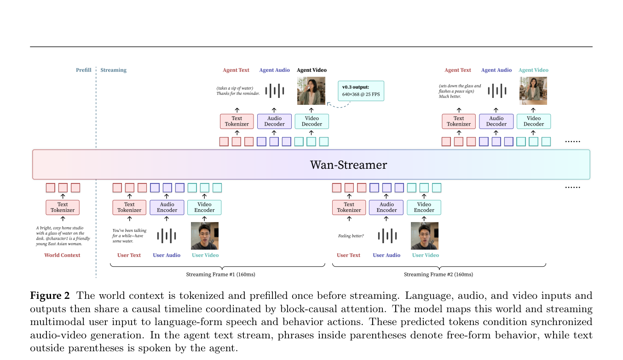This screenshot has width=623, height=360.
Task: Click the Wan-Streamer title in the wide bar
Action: coord(348,165)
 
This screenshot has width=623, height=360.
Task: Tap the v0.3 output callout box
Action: coord(361,91)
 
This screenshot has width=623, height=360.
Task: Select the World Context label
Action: coord(62,255)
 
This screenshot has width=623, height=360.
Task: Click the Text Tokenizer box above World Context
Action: coord(63,207)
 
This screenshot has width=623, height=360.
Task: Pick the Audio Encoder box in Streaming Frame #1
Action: coord(167,207)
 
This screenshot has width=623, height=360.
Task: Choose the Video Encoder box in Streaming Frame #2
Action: coord(424,207)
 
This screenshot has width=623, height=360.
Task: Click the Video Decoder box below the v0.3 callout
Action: coord(312,121)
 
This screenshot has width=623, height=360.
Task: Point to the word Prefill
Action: coord(83,70)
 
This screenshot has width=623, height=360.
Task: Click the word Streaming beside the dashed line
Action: coord(113,70)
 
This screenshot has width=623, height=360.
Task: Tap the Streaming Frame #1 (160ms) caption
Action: coord(220,274)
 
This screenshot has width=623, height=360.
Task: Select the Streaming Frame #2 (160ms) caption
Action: coord(438,274)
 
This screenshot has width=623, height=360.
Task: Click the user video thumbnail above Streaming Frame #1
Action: coord(205,236)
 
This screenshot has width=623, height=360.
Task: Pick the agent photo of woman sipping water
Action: coord(311,91)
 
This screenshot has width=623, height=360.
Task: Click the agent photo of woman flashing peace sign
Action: coord(533,91)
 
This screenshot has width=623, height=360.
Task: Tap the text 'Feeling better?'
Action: coord(351,236)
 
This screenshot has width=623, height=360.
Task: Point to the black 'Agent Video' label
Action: coord(311,70)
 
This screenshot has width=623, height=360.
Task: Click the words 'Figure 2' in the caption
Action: coord(50,296)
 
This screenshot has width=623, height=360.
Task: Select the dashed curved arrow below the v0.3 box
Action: coord(338,106)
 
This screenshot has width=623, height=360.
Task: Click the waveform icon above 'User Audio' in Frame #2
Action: coord(387,236)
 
